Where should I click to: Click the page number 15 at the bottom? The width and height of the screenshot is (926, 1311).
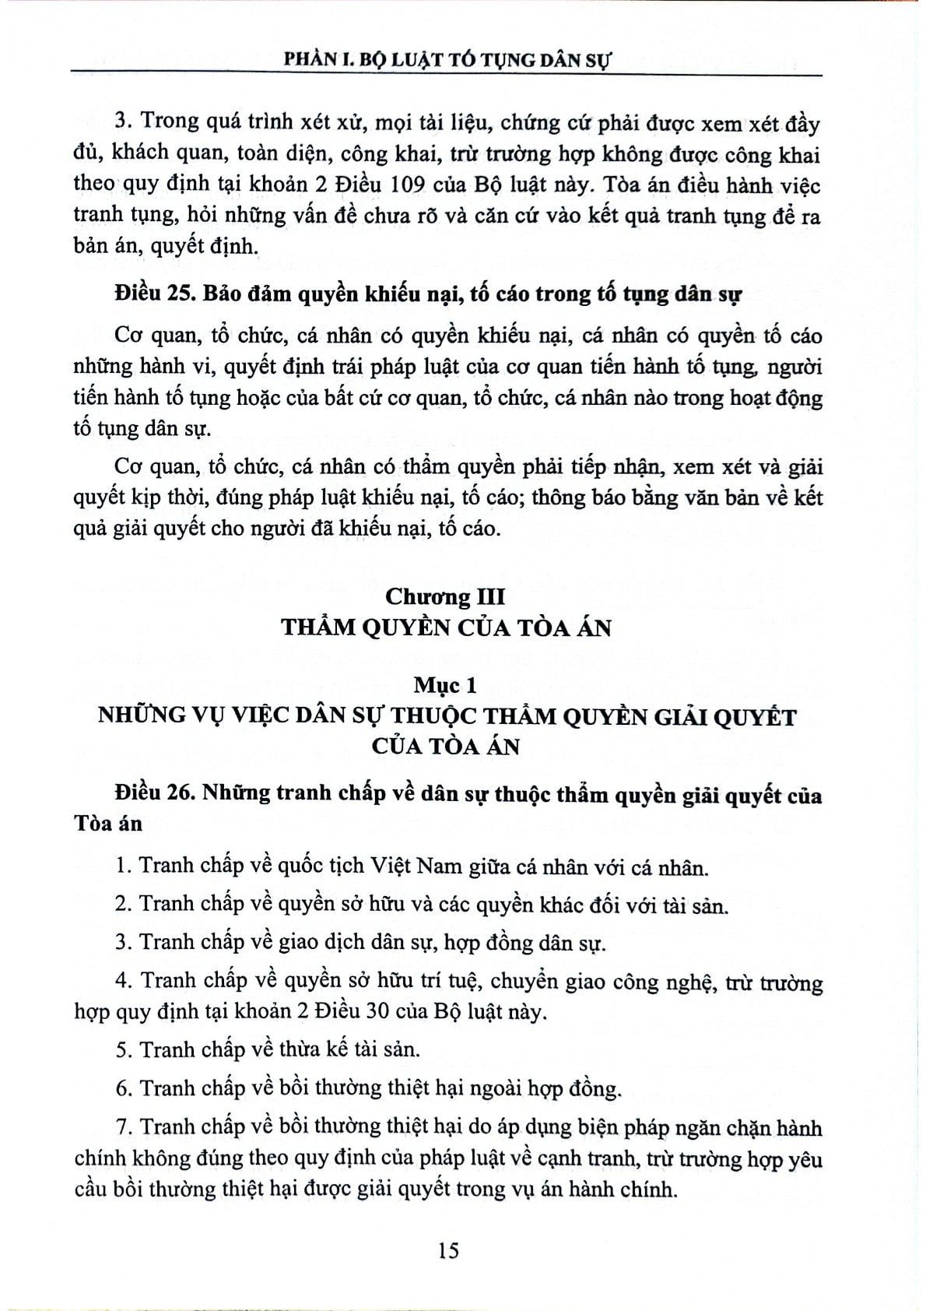click(449, 1250)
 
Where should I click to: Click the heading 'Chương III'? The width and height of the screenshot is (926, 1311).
click(446, 597)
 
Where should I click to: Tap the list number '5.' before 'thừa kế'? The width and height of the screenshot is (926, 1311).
click(122, 1049)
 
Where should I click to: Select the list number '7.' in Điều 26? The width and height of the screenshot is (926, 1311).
click(123, 1127)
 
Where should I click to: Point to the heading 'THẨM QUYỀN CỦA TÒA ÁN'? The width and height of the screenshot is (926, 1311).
click(446, 627)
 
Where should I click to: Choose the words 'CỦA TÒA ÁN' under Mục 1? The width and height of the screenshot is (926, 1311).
click(446, 745)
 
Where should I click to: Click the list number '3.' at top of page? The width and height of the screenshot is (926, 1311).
click(121, 125)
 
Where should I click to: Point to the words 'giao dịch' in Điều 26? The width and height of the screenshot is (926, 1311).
click(308, 943)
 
